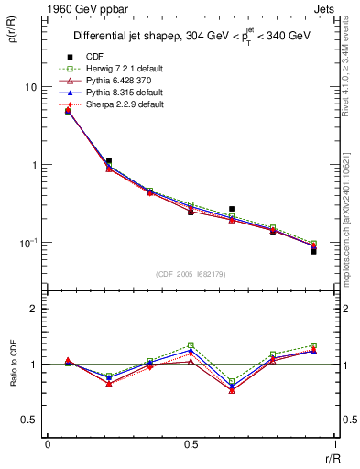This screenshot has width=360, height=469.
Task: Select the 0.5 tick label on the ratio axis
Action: coord(32,420)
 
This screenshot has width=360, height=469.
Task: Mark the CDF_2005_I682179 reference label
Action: coord(191,274)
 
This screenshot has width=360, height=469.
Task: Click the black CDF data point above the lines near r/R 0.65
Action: coord(232,209)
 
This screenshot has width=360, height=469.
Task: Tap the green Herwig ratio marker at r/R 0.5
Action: coord(191,344)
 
